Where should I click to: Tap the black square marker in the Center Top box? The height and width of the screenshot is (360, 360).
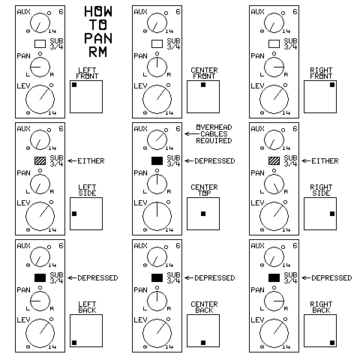click(x=203, y=214)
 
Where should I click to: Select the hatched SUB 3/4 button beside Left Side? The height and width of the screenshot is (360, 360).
click(x=40, y=160)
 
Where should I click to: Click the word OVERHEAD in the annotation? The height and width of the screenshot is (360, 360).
click(x=214, y=127)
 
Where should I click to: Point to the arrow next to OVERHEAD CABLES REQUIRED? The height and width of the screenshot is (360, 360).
click(x=192, y=134)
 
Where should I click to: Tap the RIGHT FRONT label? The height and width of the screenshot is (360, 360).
click(x=321, y=73)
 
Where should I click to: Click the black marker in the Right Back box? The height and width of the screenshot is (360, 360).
click(x=332, y=343)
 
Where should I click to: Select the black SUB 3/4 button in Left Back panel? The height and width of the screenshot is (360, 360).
click(x=40, y=277)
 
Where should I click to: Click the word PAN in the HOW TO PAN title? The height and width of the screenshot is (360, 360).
click(x=98, y=38)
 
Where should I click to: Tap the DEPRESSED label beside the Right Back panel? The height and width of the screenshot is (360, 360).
click(x=331, y=278)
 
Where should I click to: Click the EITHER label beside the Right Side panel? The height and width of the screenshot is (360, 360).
click(x=325, y=161)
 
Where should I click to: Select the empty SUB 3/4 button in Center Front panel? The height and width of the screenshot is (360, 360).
click(x=157, y=43)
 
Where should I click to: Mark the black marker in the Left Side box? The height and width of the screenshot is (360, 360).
click(x=74, y=214)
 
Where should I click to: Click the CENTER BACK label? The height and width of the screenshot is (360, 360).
click(x=204, y=307)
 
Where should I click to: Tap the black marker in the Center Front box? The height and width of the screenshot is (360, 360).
click(x=203, y=85)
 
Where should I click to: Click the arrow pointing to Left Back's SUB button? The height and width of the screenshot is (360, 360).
click(x=72, y=278)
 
